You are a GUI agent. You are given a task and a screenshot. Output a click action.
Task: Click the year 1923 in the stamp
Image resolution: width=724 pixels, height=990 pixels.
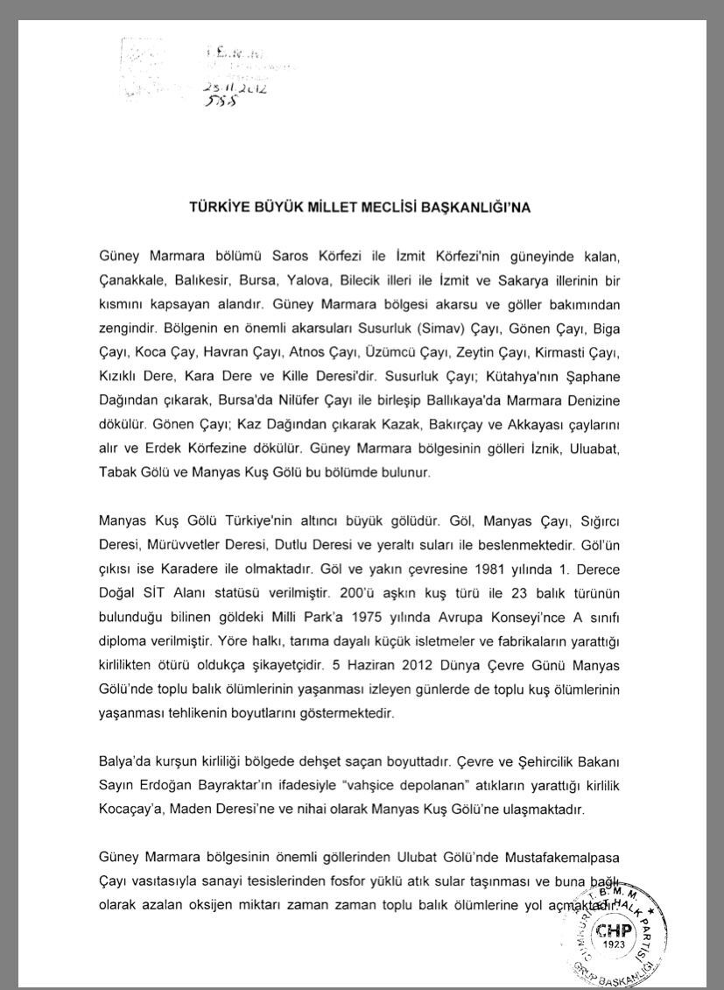614,946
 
